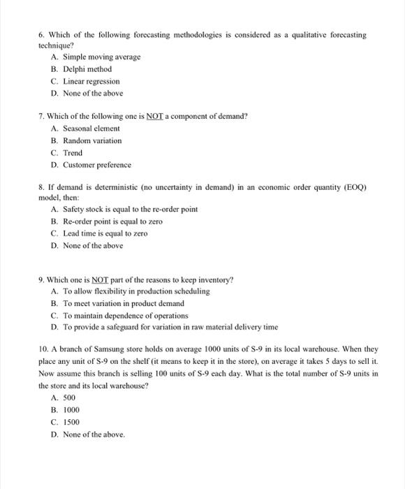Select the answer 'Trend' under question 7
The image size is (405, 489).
click(73, 153)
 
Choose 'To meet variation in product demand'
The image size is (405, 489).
click(124, 303)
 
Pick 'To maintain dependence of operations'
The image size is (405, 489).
click(126, 315)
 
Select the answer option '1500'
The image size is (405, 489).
click(71, 422)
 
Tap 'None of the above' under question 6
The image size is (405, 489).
click(92, 94)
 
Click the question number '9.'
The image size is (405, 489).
click(43, 279)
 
